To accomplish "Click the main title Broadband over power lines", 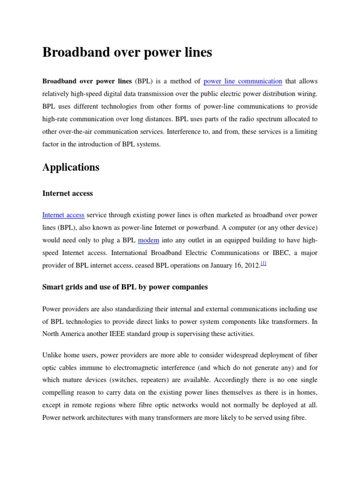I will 127,52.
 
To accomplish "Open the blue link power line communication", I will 243,81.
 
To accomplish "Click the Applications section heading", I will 71,167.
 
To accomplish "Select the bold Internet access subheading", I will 67,193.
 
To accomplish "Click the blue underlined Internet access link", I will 63,215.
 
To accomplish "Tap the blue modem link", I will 149,240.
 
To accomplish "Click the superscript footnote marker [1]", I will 263,264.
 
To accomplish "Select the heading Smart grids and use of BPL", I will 125,287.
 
